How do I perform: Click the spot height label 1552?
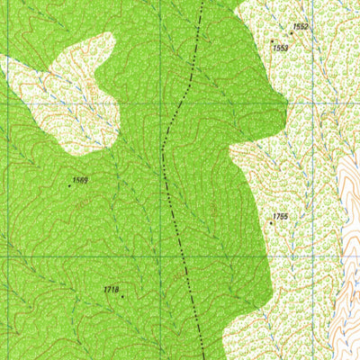pos(301,27)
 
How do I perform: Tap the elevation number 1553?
pos(280,47)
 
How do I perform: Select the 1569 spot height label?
pos(80,181)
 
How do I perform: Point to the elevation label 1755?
pos(279,217)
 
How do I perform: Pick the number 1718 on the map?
pos(111,289)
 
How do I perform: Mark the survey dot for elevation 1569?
pos(71,186)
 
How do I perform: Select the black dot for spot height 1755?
pos(272,223)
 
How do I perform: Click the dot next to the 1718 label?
pos(121,295)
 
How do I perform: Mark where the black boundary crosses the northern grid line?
pos(175,104)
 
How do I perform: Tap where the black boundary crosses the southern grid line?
pos(184,257)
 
